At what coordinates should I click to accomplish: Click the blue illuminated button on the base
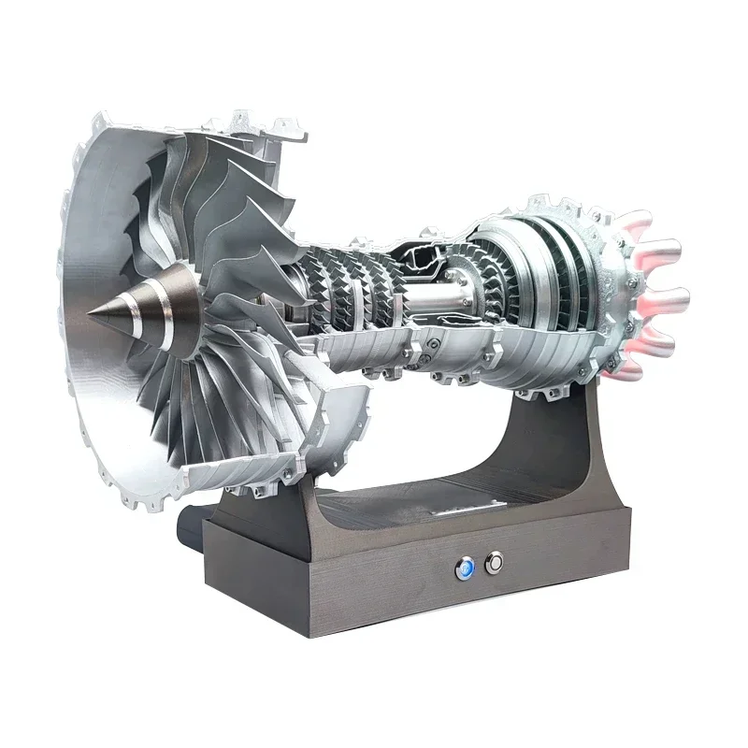pos(465,566)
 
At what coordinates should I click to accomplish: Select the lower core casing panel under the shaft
pos(449,351)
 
